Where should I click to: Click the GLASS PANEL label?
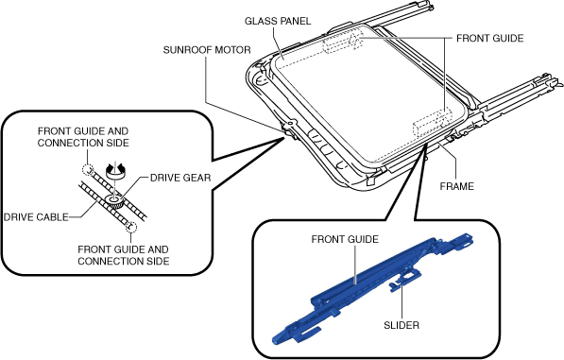pyautogui.click(x=278, y=21)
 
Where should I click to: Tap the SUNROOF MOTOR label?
pyautogui.click(x=207, y=50)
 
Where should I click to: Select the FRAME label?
pyautogui.click(x=457, y=186)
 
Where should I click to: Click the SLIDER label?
pyautogui.click(x=402, y=325)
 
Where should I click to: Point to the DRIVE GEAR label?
pyautogui.click(x=180, y=178)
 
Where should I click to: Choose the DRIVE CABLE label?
pyautogui.click(x=36, y=217)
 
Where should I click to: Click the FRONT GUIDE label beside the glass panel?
pyautogui.click(x=490, y=39)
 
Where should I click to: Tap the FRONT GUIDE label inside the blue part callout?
pyautogui.click(x=345, y=239)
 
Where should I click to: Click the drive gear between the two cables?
pyautogui.click(x=115, y=202)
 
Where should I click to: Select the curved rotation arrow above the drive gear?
pyautogui.click(x=114, y=169)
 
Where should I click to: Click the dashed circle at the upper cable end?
pyautogui.click(x=88, y=169)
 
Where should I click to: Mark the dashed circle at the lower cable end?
pyautogui.click(x=131, y=228)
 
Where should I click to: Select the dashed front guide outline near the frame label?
pyautogui.click(x=433, y=122)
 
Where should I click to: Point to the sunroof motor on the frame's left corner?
pyautogui.click(x=288, y=129)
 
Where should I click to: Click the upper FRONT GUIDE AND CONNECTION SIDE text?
pyautogui.click(x=83, y=137)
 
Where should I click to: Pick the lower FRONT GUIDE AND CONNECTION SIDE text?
pyautogui.click(x=124, y=255)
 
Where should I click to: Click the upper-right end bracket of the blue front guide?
pyautogui.click(x=463, y=241)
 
